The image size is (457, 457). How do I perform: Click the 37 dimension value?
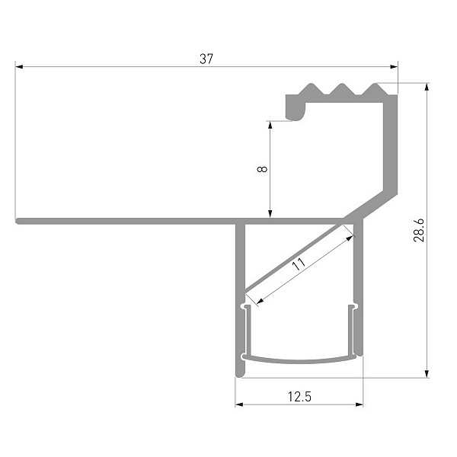click(x=206, y=59)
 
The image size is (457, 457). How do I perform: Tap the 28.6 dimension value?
click(x=419, y=230)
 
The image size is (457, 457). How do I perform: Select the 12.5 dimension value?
click(x=299, y=397)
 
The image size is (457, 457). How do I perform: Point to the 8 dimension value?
click(x=262, y=169)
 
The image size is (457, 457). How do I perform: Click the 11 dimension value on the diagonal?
click(x=299, y=264)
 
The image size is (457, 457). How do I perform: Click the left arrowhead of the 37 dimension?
click(x=19, y=67)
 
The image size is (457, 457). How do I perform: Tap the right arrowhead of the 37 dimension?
click(x=394, y=67)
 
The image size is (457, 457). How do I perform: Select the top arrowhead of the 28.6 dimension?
click(x=427, y=87)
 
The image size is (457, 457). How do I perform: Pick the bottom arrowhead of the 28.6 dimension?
click(x=427, y=374)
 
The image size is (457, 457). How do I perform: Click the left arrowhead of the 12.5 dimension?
click(x=239, y=404)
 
